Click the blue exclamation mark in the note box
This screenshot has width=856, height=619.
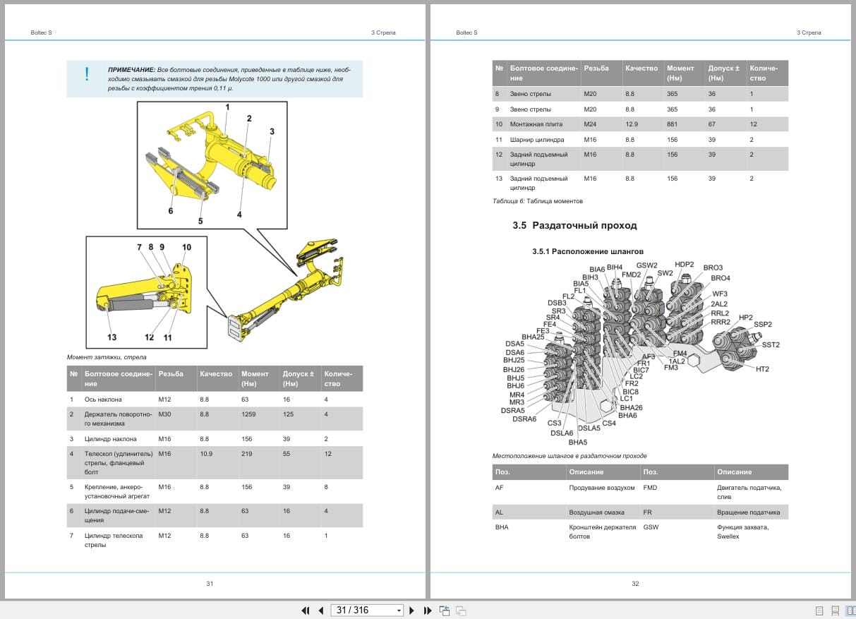[x=87, y=73]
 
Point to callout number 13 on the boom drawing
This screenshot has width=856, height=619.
[x=112, y=337]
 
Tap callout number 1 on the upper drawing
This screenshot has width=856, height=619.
[x=227, y=107]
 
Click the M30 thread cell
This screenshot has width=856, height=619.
[x=164, y=414]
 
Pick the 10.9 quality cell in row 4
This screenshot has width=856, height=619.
[x=206, y=454]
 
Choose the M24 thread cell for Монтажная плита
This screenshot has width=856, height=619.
[x=590, y=124]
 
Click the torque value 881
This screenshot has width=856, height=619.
[x=673, y=124]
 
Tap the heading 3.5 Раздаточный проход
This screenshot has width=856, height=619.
[x=574, y=226]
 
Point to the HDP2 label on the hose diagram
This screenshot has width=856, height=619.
[x=684, y=265]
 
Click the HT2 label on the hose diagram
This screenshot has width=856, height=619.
[x=762, y=369]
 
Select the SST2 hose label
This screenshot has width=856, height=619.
[x=771, y=345]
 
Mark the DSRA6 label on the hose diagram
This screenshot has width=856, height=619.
[x=524, y=419]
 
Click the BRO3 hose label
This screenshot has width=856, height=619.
[x=713, y=268]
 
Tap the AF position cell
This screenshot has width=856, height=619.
[x=500, y=488]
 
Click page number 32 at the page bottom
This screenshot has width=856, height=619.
[x=635, y=584]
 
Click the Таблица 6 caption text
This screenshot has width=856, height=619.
[x=538, y=201]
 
